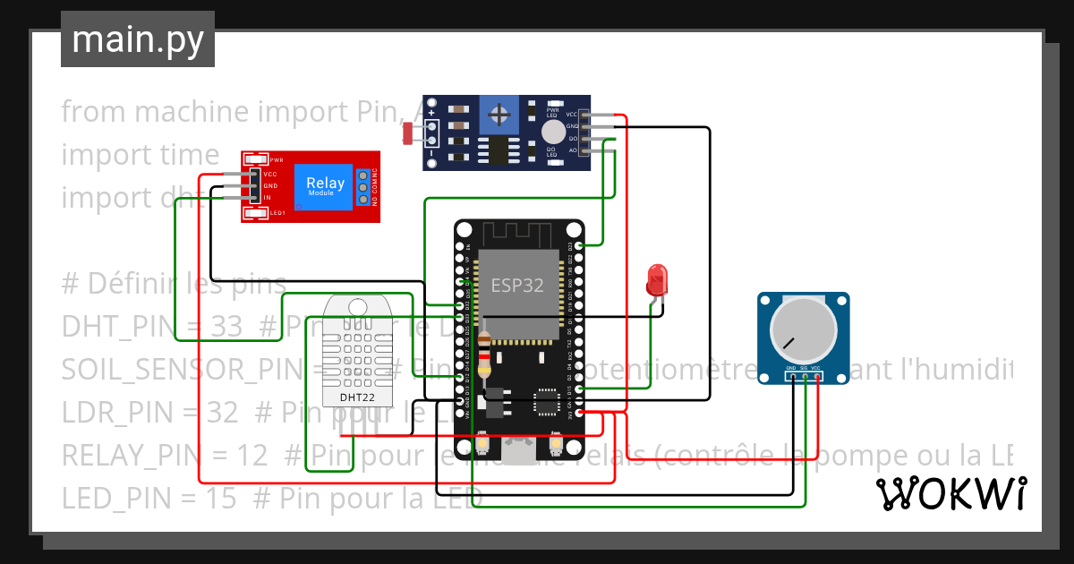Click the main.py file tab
tap(138, 40)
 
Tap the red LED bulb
tap(657, 278)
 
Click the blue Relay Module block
tap(325, 187)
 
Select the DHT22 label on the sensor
tap(357, 397)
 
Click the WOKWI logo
tap(950, 493)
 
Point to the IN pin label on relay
tap(268, 197)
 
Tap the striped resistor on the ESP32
tap(485, 357)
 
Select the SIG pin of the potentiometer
tap(804, 368)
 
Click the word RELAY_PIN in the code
tap(115, 456)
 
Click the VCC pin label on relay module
tap(270, 174)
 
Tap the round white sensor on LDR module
tap(552, 132)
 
